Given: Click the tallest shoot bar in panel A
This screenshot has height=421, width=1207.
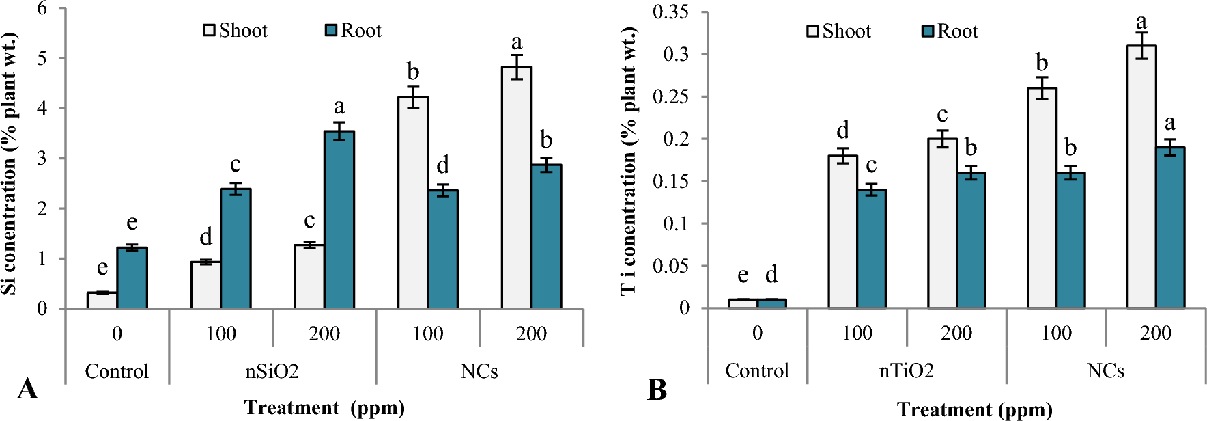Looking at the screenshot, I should (517, 188).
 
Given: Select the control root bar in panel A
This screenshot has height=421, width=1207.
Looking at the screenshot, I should (132, 278).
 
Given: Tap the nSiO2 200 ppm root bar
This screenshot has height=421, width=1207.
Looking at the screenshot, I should (339, 220).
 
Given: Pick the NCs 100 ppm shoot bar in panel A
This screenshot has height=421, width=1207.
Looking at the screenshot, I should (413, 203).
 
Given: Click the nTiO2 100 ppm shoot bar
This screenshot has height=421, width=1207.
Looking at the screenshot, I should (842, 232).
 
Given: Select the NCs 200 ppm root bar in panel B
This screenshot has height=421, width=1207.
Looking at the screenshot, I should (1170, 228).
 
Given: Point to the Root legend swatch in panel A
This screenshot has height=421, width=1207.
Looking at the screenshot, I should (331, 30).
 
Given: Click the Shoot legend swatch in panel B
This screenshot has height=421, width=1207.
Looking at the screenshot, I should (813, 31).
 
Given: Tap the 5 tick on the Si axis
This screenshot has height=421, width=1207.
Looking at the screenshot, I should (42, 58).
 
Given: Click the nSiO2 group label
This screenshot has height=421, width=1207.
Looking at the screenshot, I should (272, 371).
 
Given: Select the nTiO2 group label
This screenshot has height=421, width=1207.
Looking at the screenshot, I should (906, 370).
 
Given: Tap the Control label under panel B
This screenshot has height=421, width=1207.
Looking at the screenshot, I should (756, 370).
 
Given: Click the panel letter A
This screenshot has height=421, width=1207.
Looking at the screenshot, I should (27, 389).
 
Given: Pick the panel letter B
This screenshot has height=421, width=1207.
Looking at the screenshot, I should (657, 390).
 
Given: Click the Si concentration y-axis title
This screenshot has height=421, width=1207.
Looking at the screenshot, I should (10, 164).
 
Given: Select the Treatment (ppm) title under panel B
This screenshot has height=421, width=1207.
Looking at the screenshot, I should (974, 409).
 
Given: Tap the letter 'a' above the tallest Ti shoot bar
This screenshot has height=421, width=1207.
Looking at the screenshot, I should (1141, 22).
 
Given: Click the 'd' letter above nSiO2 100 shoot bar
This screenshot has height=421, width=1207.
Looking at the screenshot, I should (205, 237).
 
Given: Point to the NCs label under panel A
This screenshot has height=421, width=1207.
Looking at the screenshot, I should (479, 371).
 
